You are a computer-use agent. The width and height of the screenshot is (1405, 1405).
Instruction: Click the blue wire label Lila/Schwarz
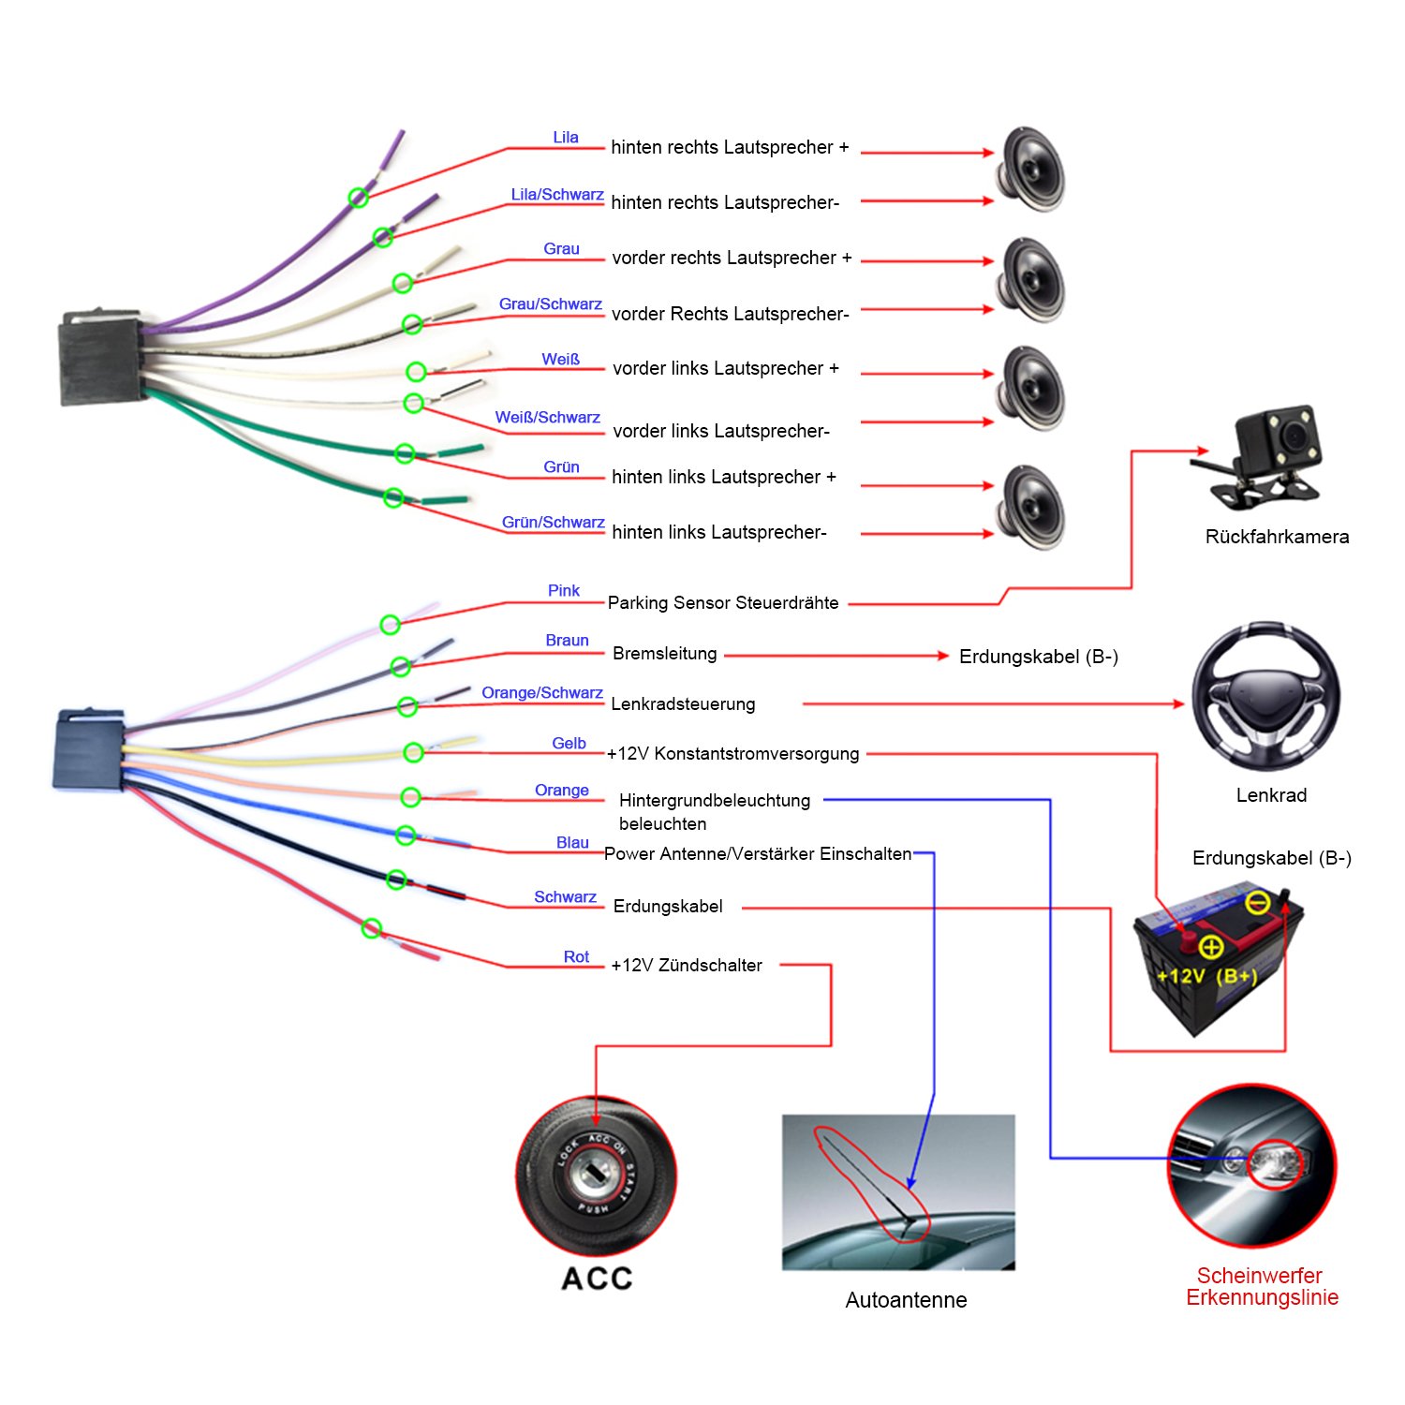556,195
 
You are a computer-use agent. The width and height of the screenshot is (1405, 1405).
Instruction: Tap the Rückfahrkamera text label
1277,537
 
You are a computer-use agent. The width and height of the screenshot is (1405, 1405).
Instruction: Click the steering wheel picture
1264,696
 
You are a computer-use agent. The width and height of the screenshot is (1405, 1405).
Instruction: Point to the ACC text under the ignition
597,1279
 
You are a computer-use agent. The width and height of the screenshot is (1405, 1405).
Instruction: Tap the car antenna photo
898,1191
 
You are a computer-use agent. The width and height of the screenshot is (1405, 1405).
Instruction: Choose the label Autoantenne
906,1300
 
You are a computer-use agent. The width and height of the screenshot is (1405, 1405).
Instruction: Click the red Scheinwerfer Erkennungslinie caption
1261,1286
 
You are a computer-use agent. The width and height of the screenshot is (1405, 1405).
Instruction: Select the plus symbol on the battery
1211,947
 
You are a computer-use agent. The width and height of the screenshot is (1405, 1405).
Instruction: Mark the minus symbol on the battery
1258,902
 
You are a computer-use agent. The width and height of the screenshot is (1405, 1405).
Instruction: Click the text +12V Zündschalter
687,966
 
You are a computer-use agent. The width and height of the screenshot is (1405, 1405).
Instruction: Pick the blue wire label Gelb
569,743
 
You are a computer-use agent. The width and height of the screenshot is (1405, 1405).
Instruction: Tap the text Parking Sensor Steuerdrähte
723,603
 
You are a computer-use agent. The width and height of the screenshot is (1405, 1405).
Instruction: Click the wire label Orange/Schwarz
541,693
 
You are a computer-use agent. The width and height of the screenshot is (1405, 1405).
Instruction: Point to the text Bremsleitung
664,654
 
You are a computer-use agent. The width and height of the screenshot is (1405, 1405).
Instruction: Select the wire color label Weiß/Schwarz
547,418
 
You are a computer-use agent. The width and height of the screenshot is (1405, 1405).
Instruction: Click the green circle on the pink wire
390,625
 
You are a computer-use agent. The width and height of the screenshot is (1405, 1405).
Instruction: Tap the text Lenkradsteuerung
683,704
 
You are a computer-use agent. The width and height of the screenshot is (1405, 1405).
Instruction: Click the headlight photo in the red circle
1251,1166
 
